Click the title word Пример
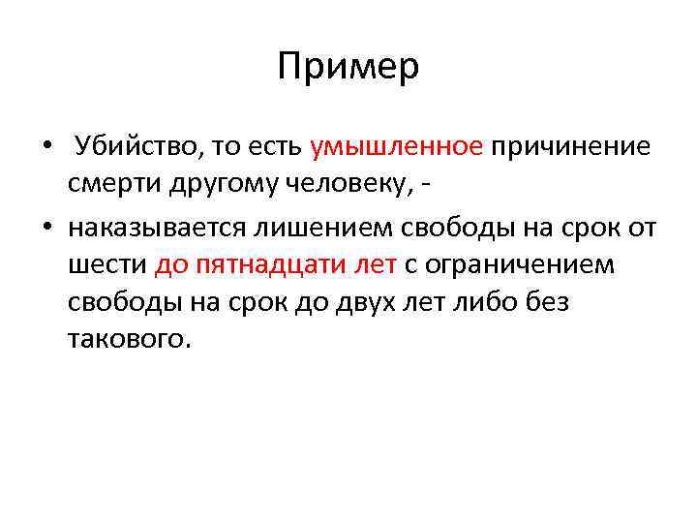(x=348, y=68)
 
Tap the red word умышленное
(x=397, y=147)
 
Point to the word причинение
(x=571, y=147)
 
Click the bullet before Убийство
(x=46, y=148)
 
